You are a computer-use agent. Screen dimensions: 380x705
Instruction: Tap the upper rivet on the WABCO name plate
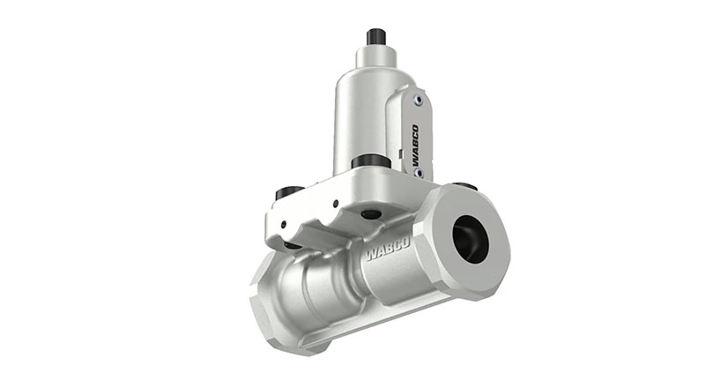pyautogui.click(x=419, y=101)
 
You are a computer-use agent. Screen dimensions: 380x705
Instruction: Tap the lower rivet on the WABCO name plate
pyautogui.click(x=418, y=174)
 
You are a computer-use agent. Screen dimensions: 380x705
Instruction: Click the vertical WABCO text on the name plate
pyautogui.click(x=415, y=140)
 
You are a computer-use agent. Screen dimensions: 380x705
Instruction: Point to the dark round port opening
pyautogui.click(x=470, y=237)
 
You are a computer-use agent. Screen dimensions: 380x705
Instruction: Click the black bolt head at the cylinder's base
pyautogui.click(x=369, y=162)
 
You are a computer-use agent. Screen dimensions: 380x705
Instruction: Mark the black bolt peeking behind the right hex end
pyautogui.click(x=469, y=186)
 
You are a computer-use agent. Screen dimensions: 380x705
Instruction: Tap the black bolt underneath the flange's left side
pyautogui.click(x=291, y=244)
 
